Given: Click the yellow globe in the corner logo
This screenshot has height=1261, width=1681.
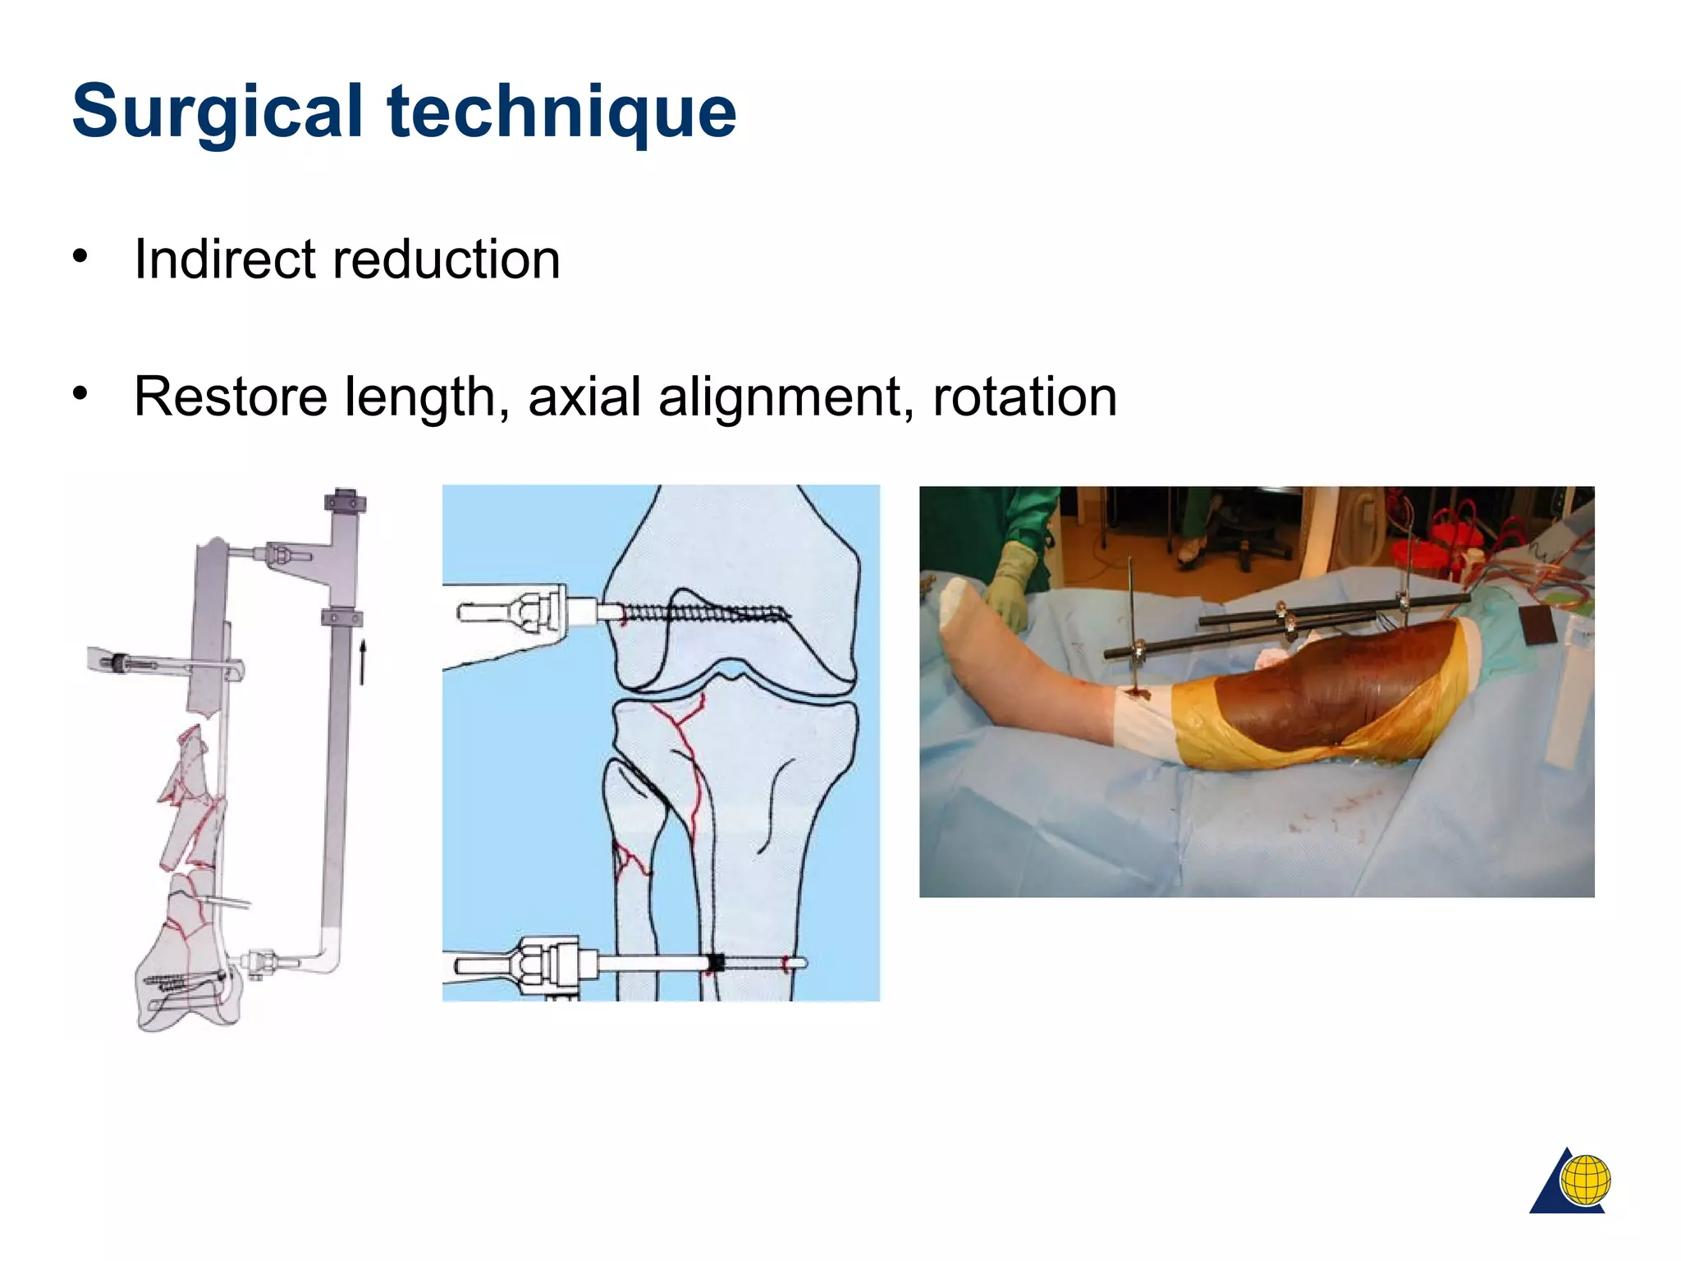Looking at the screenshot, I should (1585, 1180).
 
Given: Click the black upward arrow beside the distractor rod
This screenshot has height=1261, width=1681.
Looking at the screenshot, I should (362, 662).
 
